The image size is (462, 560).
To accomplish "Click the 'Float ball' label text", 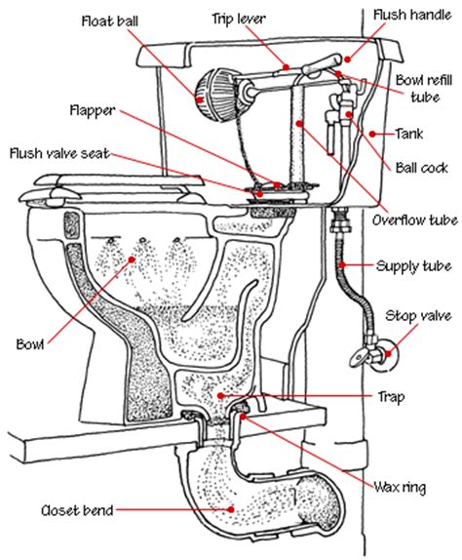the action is click(110, 21).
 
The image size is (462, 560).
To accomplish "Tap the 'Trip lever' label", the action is click(239, 19).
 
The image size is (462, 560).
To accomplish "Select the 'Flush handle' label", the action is click(412, 15).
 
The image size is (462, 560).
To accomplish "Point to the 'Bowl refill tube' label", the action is click(424, 89).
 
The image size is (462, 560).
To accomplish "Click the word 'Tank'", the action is click(409, 134).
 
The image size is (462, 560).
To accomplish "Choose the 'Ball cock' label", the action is click(422, 168).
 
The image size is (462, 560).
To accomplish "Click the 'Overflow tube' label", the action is click(415, 220).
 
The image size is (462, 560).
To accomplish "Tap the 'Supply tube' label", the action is click(414, 266).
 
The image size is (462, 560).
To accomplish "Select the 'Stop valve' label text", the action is click(418, 316).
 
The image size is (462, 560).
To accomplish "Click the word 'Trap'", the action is click(391, 397).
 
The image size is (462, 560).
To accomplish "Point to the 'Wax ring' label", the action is click(400, 487).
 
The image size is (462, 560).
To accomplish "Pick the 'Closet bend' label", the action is click(77, 510).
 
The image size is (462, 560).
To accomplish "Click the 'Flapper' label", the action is click(93, 110).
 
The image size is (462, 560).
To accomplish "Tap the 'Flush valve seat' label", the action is click(59, 153).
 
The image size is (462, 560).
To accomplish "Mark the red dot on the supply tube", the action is click(342, 265).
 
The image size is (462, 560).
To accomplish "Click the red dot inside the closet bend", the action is click(232, 509).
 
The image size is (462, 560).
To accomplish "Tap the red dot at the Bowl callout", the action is click(132, 260).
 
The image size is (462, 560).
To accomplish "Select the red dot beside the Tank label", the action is click(372, 134).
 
